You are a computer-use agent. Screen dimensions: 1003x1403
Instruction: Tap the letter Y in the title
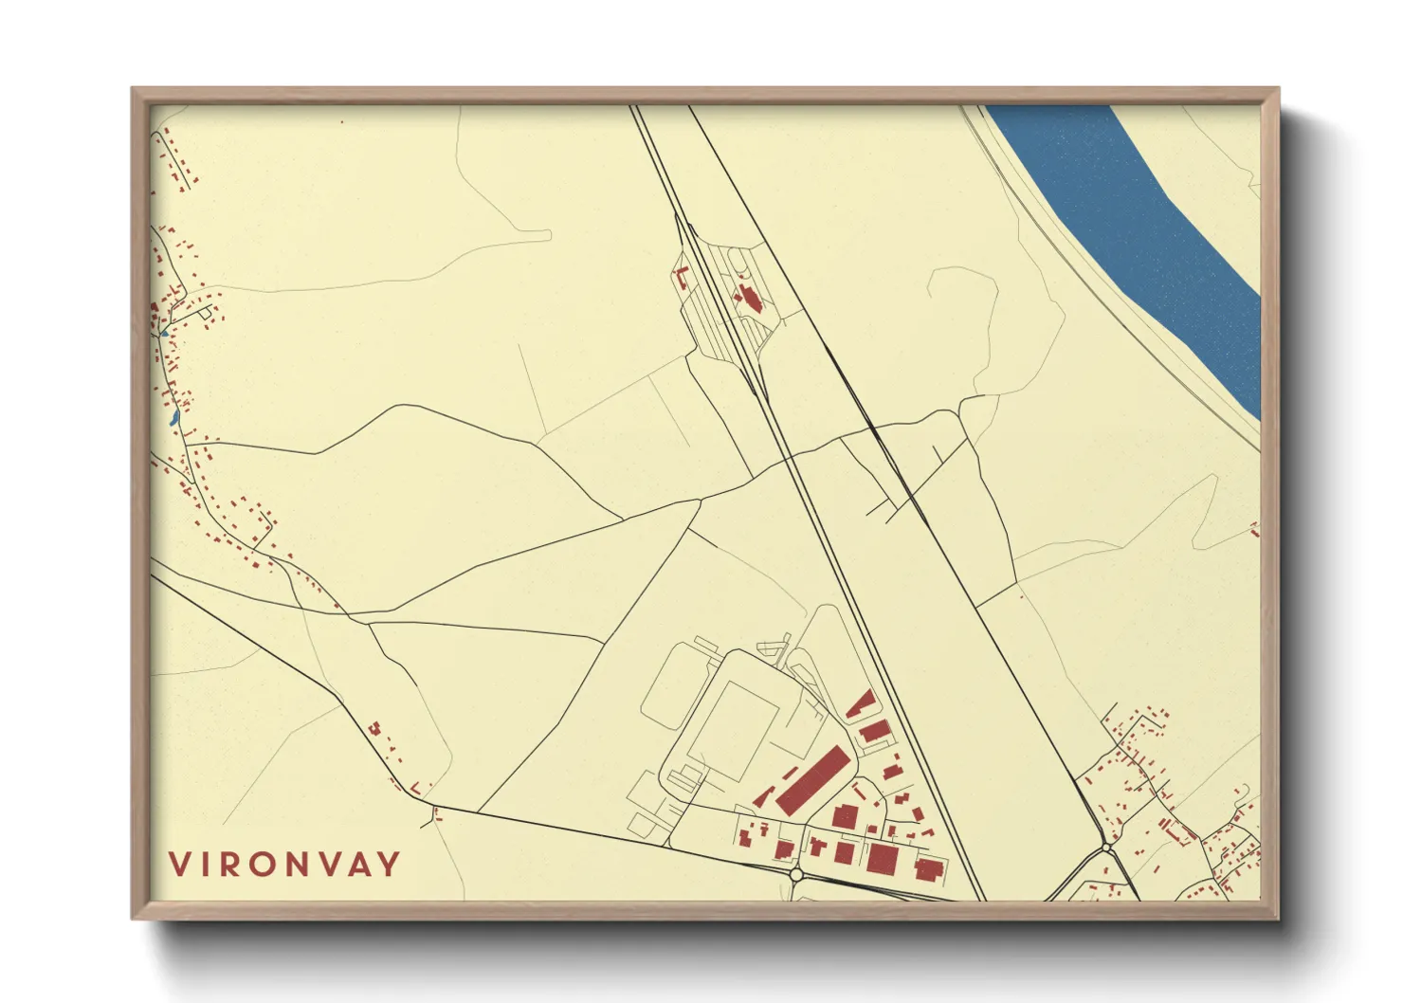389,865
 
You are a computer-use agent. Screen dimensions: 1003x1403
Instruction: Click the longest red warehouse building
811,779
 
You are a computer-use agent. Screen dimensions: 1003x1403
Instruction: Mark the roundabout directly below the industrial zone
795,874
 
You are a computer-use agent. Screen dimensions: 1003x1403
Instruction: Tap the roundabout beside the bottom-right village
1105,847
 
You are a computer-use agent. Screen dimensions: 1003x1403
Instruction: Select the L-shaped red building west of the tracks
680,278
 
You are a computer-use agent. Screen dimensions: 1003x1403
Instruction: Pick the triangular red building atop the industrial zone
861,704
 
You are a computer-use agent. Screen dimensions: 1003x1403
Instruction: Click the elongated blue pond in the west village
173,416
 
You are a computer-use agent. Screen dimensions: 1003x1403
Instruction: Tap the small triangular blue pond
163,333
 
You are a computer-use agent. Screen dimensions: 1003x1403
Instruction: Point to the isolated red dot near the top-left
342,122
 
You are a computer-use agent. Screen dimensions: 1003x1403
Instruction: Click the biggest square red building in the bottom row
882,857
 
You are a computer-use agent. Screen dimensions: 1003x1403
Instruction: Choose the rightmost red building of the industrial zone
929,867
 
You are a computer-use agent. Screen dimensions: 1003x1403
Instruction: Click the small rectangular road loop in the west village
203,313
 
